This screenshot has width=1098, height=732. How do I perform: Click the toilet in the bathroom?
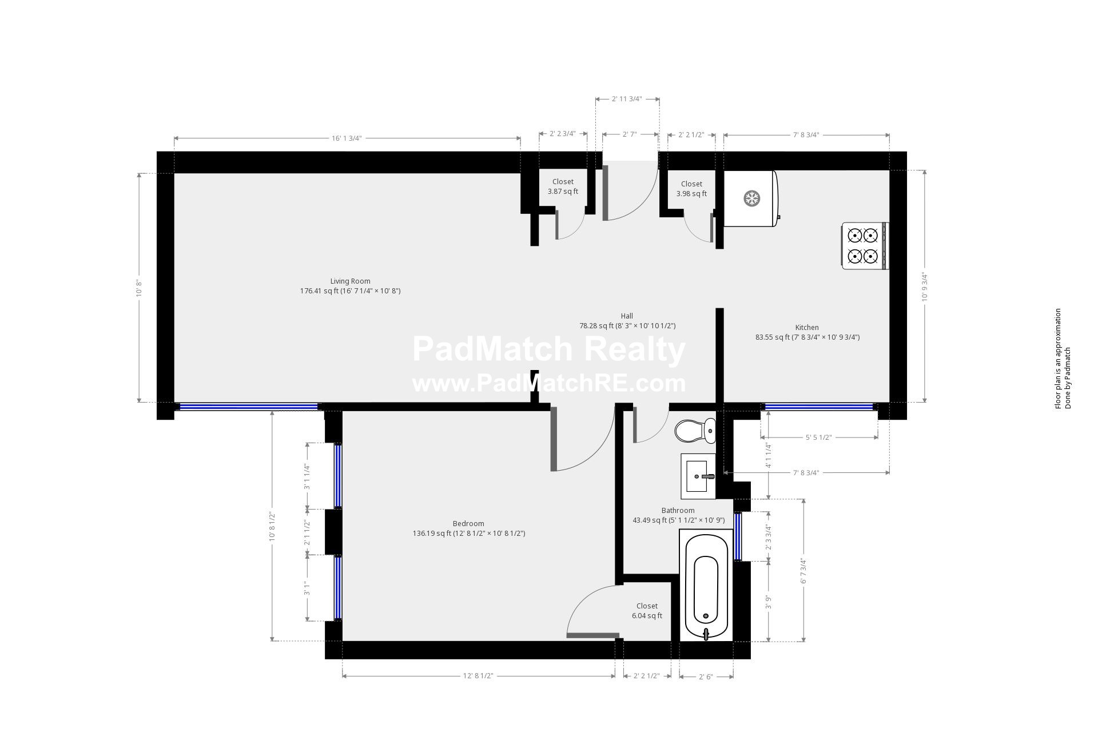(695, 431)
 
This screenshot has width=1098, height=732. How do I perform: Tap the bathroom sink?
(698, 476)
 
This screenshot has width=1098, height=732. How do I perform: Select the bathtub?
(706, 585)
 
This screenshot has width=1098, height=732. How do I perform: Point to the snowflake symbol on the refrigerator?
(751, 199)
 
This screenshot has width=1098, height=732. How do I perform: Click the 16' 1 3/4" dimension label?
(347, 138)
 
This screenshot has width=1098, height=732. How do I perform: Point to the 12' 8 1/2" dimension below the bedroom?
(478, 676)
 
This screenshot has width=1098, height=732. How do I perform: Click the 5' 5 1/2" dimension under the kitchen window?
(818, 437)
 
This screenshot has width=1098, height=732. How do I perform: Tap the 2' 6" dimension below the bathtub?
(706, 677)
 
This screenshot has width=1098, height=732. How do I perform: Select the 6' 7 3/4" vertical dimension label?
(803, 571)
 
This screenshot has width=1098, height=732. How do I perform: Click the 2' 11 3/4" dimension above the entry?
(627, 99)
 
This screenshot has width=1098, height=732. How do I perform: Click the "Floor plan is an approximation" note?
(1058, 359)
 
